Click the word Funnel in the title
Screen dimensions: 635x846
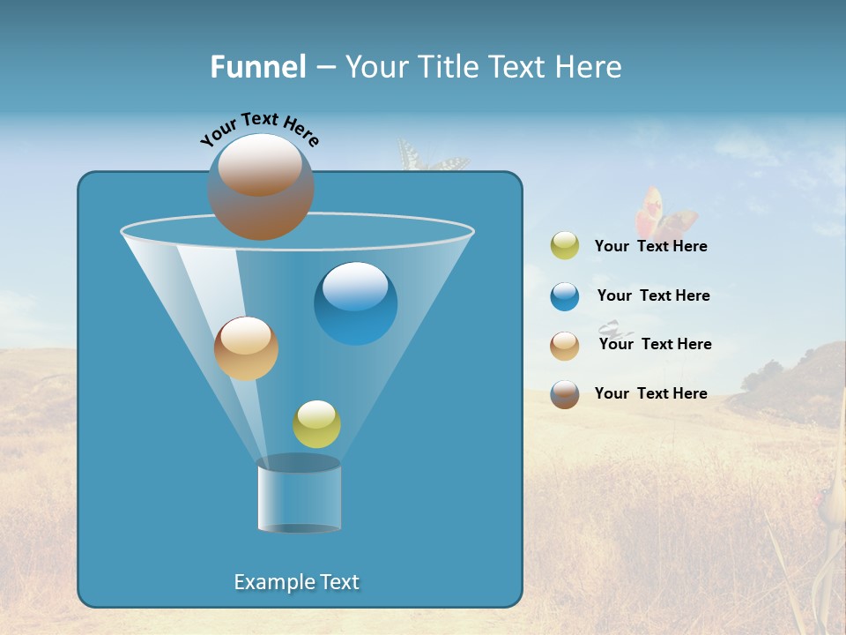(257, 67)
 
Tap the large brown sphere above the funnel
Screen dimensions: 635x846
(261, 187)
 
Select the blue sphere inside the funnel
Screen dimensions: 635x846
(355, 303)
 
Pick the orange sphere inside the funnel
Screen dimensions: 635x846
(246, 348)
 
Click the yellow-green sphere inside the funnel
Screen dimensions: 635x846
(316, 424)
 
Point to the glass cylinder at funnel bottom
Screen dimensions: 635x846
(300, 496)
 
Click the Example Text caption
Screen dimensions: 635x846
(297, 582)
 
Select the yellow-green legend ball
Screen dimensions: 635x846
(565, 246)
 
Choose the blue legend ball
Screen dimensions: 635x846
(565, 296)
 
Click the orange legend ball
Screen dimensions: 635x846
(565, 345)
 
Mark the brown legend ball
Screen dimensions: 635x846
(565, 394)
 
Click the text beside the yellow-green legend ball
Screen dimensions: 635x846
(650, 247)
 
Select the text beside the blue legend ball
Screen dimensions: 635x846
(653, 295)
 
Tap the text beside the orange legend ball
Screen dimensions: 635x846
(655, 344)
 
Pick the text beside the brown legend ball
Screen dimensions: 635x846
(650, 393)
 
